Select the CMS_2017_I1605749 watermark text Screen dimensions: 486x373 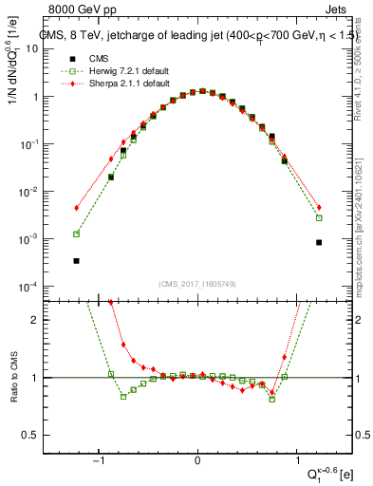pos(197,284)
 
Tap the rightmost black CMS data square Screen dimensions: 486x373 pos(319,242)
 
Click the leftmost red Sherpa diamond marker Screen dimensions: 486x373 pos(76,208)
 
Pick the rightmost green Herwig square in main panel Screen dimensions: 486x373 pos(319,217)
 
